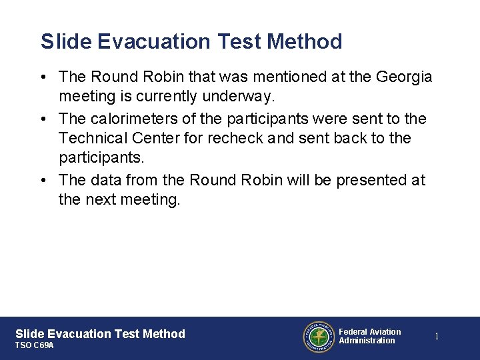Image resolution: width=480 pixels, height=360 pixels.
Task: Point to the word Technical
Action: [x=93, y=139]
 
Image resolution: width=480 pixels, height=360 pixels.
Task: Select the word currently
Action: [x=166, y=97]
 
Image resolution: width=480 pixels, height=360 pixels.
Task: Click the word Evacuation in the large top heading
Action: [x=155, y=41]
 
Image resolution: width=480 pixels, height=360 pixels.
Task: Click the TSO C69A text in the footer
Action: [x=35, y=346]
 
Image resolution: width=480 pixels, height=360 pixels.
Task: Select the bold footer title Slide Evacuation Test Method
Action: [x=100, y=334]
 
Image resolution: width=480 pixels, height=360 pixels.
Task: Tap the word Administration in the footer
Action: [x=367, y=341]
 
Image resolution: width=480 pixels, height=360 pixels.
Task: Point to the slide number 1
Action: [x=437, y=337]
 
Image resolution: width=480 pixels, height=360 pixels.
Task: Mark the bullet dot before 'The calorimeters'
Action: [x=43, y=119]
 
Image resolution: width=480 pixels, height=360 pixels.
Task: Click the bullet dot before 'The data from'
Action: [x=43, y=180]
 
